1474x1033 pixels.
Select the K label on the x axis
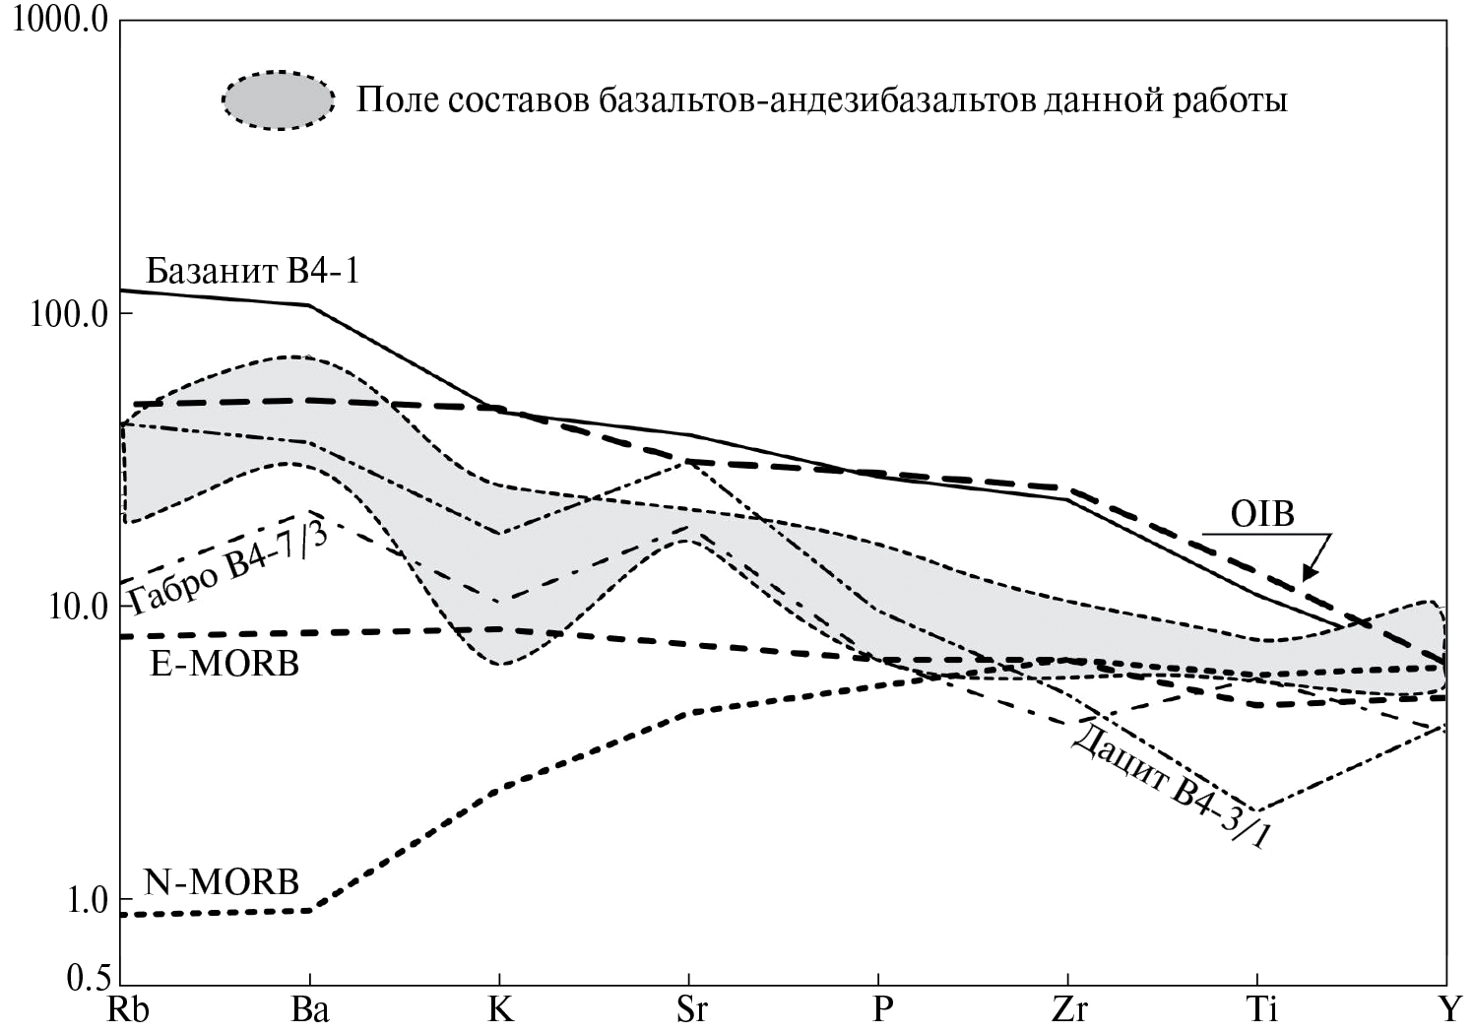501,1011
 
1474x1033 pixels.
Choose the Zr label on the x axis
1068,1011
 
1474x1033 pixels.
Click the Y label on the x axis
1444,1011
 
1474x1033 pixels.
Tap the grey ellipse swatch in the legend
279,100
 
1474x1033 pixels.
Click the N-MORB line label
222,881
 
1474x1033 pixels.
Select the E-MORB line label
224,664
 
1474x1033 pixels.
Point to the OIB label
1262,513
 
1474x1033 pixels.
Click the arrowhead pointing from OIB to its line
1311,572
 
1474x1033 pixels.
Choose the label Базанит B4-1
252,270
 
